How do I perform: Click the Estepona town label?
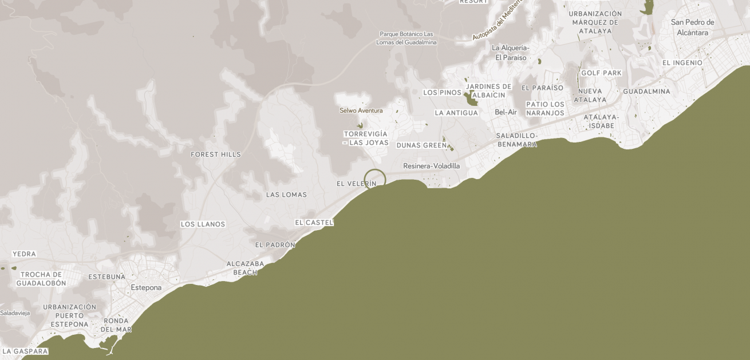(146, 287)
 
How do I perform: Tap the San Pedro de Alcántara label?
(692, 27)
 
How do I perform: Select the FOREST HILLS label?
(216, 155)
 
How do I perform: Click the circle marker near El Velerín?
(375, 180)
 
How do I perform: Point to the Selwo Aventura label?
(361, 110)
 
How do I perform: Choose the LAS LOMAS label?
(286, 195)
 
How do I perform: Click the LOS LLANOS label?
(203, 224)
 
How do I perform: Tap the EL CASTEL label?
(314, 222)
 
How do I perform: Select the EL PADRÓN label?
(275, 245)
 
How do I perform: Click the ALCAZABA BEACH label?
(245, 268)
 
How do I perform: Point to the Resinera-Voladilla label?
(431, 166)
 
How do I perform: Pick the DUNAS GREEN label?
(421, 145)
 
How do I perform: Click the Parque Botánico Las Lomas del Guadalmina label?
(406, 38)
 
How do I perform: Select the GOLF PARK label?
(601, 73)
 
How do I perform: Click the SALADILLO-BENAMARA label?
(517, 140)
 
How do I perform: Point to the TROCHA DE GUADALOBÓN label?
(41, 279)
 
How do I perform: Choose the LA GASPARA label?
(25, 351)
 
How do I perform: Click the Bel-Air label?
(506, 112)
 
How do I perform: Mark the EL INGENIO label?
(682, 63)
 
